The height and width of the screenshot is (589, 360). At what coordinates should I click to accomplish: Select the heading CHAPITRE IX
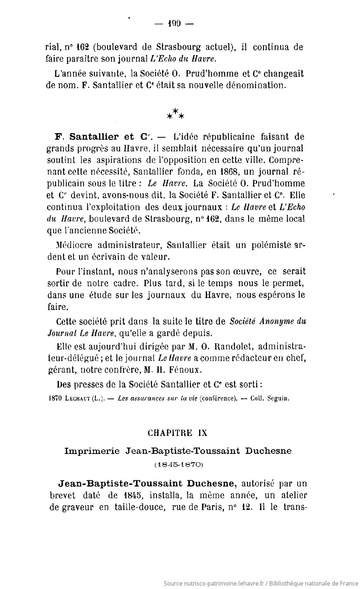(x=177, y=433)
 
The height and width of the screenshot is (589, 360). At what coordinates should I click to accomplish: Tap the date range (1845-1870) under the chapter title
(x=178, y=464)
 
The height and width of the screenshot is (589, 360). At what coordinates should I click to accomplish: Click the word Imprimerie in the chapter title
(x=92, y=451)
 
